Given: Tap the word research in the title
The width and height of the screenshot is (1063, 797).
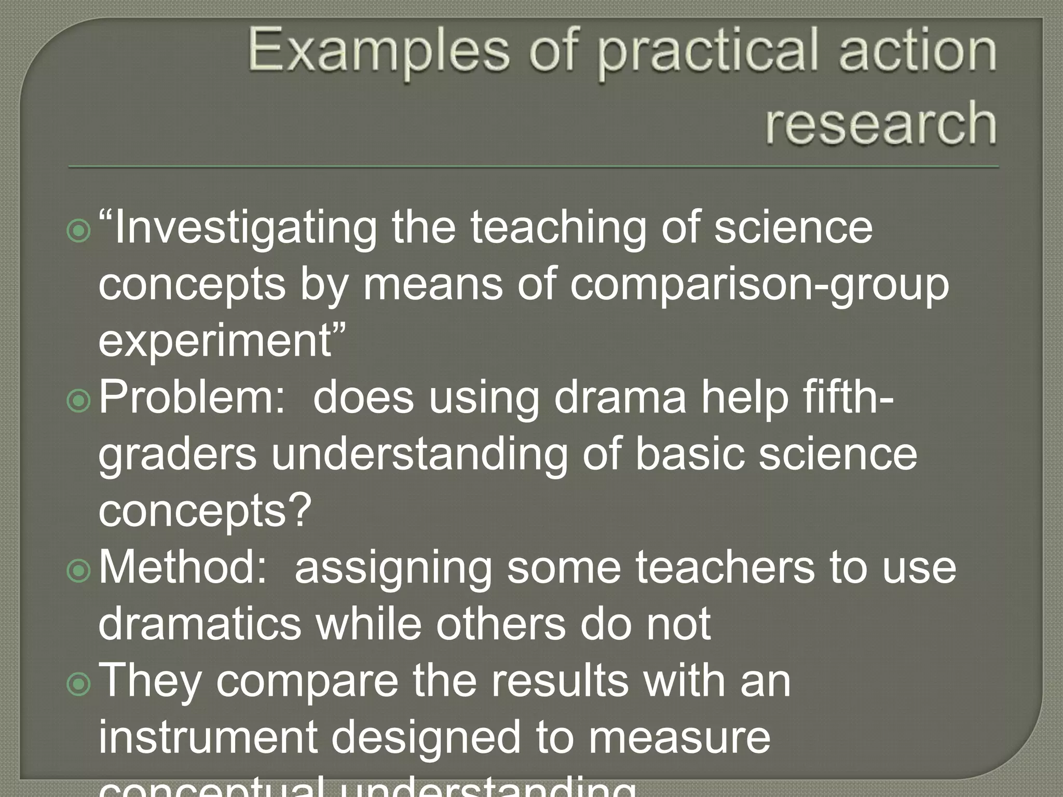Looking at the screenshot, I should (881, 122).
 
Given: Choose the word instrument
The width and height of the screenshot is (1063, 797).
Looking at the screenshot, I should (208, 737).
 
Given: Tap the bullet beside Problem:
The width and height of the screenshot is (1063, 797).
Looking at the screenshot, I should (79, 400).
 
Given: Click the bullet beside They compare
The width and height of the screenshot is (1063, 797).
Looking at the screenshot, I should (79, 683).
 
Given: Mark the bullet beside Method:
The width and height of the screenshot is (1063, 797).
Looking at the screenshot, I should (79, 570).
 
